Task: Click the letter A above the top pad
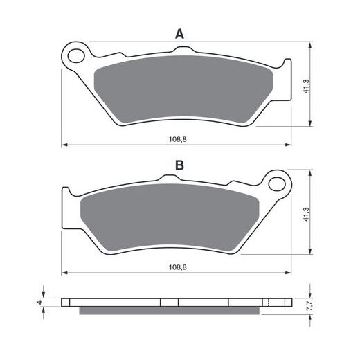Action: (179, 34)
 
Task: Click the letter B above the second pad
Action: (179, 165)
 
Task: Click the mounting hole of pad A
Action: (76, 55)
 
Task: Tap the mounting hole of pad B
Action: (277, 183)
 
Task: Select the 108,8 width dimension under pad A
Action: (178, 139)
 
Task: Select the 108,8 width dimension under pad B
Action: (178, 267)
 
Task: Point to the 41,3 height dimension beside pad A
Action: (306, 87)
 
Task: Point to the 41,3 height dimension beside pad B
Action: (306, 215)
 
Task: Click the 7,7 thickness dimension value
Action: (310, 306)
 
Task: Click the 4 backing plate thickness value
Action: (40, 303)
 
